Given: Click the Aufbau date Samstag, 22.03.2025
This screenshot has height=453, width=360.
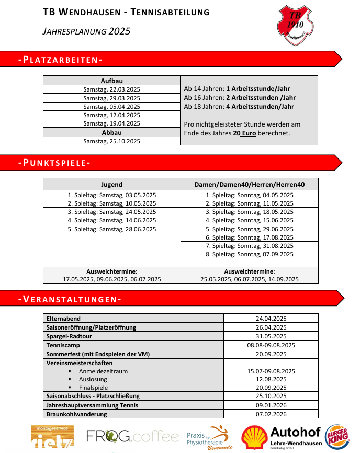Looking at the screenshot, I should click(111, 89).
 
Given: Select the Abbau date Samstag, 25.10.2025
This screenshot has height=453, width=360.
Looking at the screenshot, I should click(111, 141).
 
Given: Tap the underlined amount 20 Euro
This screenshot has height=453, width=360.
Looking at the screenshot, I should click(244, 133).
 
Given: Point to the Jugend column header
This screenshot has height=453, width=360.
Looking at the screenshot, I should click(111, 184).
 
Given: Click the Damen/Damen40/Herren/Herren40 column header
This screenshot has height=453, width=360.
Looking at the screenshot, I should click(249, 184).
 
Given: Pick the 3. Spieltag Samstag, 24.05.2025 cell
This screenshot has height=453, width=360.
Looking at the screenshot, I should click(111, 212).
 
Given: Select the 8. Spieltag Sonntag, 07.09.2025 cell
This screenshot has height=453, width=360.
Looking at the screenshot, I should click(249, 254).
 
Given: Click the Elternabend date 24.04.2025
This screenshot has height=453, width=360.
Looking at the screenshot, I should click(271, 318).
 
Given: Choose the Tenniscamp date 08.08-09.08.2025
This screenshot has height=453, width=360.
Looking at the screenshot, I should click(271, 345).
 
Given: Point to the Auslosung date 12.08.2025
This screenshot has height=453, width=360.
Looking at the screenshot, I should click(271, 379).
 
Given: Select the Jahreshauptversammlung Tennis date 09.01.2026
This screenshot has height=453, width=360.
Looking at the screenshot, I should click(271, 405).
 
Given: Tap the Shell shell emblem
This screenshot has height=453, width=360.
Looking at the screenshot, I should click(254, 437).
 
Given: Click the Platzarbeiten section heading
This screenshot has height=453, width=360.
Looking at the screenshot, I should click(60, 59).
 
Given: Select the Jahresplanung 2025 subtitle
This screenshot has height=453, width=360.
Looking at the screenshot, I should click(86, 31).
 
